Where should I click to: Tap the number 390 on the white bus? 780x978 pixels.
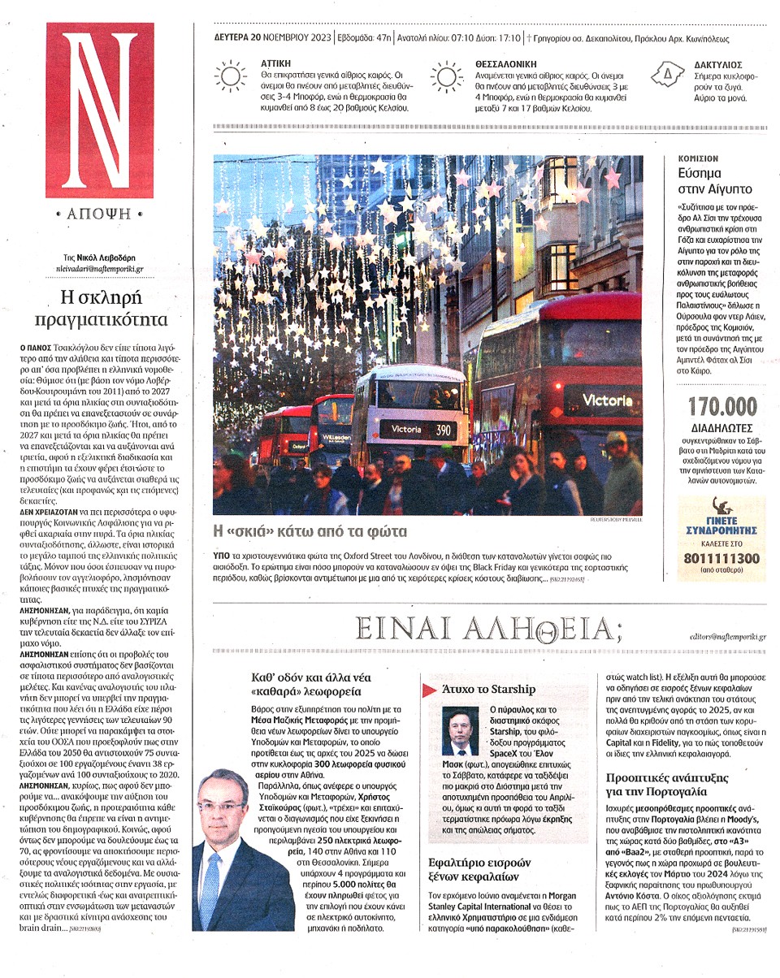(442, 429)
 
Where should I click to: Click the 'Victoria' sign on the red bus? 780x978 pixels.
(606, 400)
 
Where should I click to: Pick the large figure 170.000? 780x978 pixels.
(721, 406)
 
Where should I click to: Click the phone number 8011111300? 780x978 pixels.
(721, 559)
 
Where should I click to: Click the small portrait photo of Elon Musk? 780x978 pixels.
(461, 731)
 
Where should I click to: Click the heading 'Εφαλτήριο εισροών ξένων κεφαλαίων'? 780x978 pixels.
(479, 869)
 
